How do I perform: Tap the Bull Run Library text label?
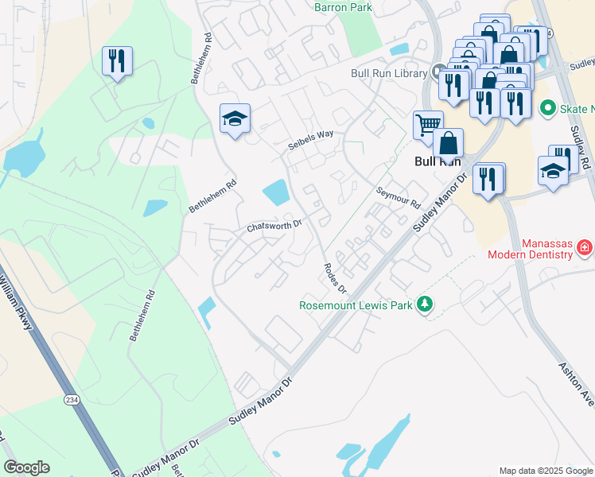pyautogui.click(x=389, y=73)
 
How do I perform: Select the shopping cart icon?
pyautogui.click(x=427, y=124)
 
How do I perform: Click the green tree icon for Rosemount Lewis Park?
pyautogui.click(x=426, y=304)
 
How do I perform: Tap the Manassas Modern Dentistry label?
pyautogui.click(x=536, y=249)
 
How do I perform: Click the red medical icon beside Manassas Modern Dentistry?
pyautogui.click(x=585, y=249)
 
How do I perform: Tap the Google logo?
pyautogui.click(x=26, y=467)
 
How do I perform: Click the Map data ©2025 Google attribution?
pyautogui.click(x=545, y=471)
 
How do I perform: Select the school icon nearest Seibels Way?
pyautogui.click(x=235, y=119)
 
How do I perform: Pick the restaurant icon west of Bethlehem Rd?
pyautogui.click(x=117, y=60)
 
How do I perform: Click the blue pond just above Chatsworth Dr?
pyautogui.click(x=275, y=192)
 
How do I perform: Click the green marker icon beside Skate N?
pyautogui.click(x=547, y=107)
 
